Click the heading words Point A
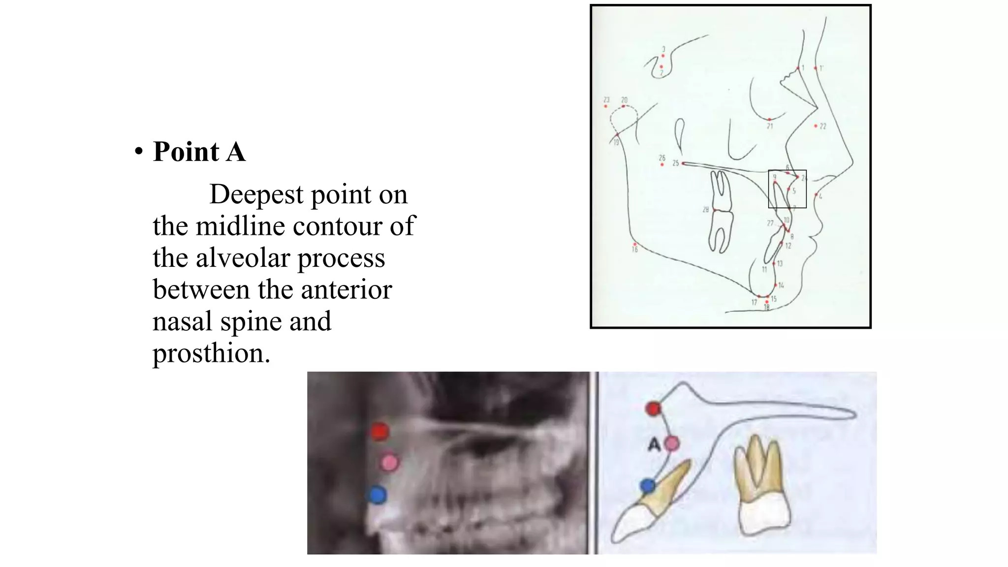pos(199,152)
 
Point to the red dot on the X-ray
pos(379,432)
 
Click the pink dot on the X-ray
pos(389,462)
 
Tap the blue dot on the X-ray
pos(378,495)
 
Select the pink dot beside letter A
pos(672,443)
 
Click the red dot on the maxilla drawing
pos(654,409)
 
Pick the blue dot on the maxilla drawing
pos(648,486)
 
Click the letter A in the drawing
pos(654,445)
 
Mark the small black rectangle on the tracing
pos(787,189)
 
